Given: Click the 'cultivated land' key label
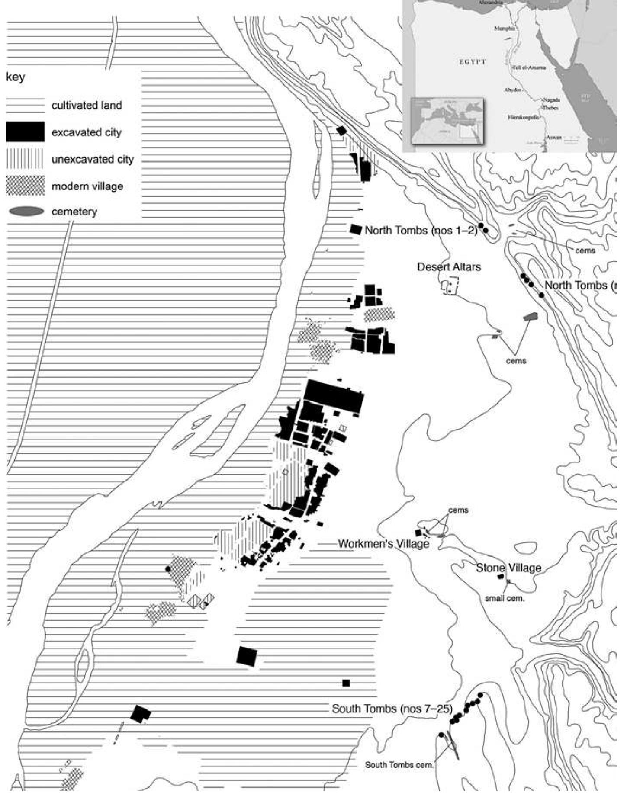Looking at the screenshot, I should pos(87,105).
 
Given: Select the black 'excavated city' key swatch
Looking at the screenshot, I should pos(25,132).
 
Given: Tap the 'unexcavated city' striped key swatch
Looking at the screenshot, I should pos(25,159).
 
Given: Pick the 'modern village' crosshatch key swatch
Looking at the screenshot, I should pos(25,186).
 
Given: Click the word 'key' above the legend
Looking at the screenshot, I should pos(15,77).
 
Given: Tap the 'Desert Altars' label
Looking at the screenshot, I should pos(449,267).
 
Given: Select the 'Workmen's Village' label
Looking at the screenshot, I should pos(383,544).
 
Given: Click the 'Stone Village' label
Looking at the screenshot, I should pos(508,568).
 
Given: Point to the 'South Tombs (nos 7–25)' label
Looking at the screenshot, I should pos(392,709).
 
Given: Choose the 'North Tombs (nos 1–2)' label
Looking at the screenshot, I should pos(421,230).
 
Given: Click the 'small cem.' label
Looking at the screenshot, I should pos(504,599).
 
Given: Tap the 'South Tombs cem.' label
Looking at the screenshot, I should pos(399,765).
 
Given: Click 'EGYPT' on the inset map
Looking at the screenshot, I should pos(472,62).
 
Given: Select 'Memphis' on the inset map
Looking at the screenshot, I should pos(504,29).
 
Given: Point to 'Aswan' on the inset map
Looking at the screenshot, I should pos(553,137).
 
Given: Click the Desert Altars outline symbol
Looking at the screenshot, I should pos(449,286).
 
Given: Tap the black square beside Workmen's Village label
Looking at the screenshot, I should pos(418,533).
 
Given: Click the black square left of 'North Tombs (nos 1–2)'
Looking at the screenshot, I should pos(355,229).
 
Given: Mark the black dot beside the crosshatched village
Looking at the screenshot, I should pos(168,569).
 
